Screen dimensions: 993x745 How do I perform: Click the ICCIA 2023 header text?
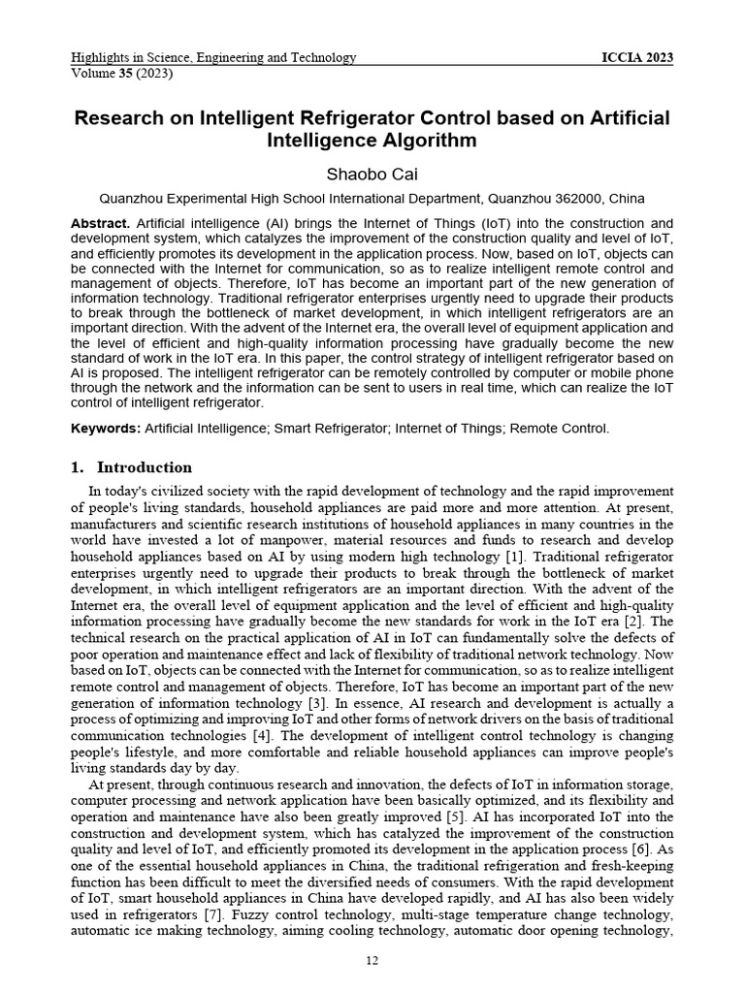(x=637, y=58)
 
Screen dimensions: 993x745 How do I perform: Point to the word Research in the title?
(x=120, y=118)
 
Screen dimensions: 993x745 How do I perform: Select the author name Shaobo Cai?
(x=372, y=175)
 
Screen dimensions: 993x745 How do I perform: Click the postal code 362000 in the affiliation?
(x=576, y=199)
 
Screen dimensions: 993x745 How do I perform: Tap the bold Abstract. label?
(x=101, y=224)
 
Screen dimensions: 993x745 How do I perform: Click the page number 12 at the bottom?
(x=372, y=961)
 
